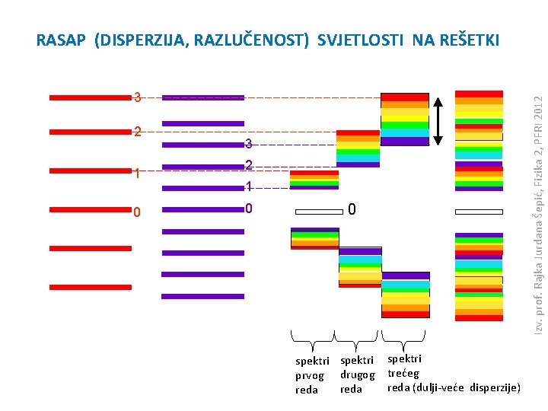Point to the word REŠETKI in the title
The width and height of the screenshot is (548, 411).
(466, 40)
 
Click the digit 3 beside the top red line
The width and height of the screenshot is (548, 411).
(137, 97)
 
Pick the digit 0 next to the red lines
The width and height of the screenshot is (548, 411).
(137, 212)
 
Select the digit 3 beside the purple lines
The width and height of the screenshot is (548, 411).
(248, 144)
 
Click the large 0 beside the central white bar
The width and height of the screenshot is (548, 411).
(352, 209)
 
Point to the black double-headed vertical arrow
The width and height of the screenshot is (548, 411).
(439, 119)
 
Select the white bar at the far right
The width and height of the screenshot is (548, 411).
(479, 212)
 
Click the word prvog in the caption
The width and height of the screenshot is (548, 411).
(310, 375)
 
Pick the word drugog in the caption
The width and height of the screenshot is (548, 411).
(357, 374)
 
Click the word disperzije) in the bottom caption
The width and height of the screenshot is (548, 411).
(495, 387)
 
